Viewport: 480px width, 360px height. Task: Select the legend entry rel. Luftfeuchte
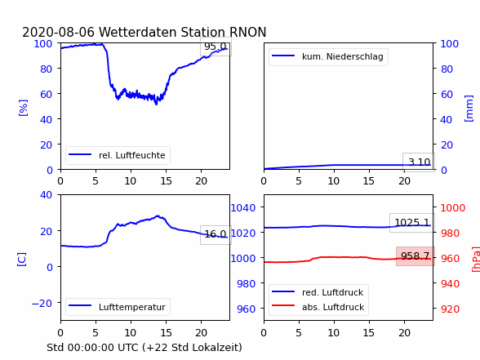pos(118,155)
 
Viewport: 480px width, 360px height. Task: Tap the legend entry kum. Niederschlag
pos(328,56)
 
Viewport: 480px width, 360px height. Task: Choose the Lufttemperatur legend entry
pos(118,307)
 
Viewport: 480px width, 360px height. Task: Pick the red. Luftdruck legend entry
pos(318,292)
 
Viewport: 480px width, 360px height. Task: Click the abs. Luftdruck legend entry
pos(318,307)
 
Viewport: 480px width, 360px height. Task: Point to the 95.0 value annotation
pos(216,47)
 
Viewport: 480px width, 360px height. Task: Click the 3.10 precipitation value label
pos(419,162)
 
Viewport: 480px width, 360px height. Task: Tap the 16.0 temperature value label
pos(216,234)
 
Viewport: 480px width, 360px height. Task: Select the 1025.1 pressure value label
pos(412,223)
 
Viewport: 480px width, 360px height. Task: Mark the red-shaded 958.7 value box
pos(416,256)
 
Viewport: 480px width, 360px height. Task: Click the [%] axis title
pos(23,108)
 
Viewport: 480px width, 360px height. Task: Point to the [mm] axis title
pos(469,109)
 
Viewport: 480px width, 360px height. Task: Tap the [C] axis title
pos(21,260)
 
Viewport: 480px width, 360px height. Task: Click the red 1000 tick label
pos(453,208)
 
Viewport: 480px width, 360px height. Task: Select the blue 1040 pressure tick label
pos(243,208)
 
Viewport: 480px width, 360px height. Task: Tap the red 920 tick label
pos(450,309)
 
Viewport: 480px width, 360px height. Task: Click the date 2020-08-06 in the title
pos(59,32)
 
